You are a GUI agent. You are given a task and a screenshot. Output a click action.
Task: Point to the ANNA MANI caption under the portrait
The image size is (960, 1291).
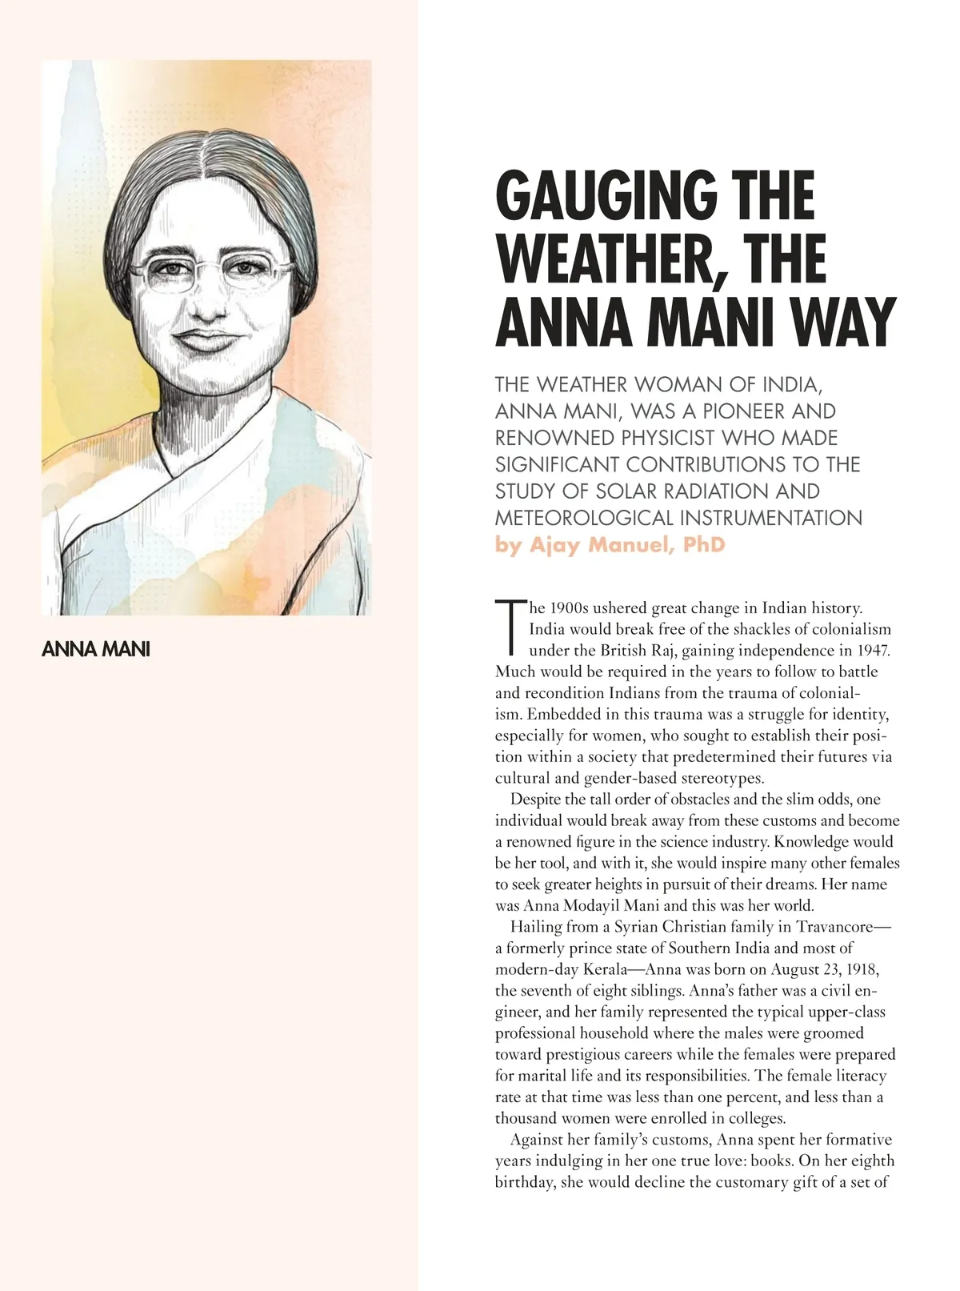point(95,649)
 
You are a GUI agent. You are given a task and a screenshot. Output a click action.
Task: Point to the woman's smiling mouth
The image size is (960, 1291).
point(210,339)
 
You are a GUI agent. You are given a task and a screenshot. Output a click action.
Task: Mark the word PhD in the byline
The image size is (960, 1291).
point(704,545)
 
